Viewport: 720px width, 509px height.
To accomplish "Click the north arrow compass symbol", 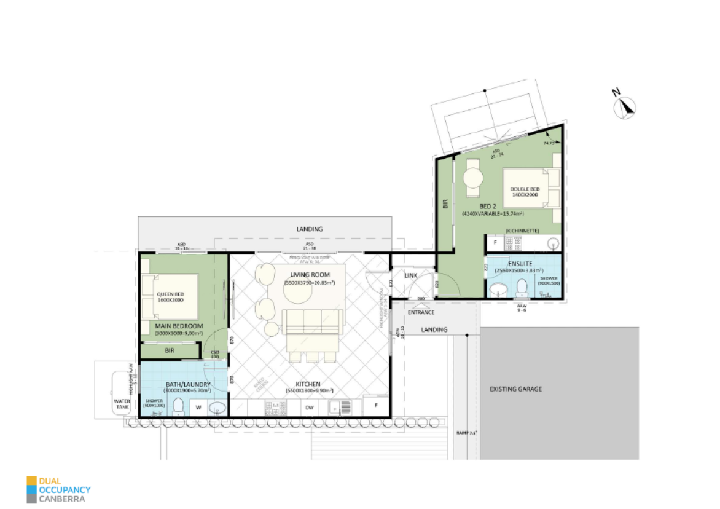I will point(625,107).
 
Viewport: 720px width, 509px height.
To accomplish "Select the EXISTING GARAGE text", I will point(515,389).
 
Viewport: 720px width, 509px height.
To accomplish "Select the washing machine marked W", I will point(198,407).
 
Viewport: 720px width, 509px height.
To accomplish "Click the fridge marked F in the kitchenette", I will point(495,243).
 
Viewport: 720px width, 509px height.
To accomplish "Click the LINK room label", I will point(411,275).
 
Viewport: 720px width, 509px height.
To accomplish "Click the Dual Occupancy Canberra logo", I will point(58,489).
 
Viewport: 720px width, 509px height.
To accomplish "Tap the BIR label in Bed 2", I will point(445,204).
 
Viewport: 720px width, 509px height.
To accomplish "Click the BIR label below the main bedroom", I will point(170,350).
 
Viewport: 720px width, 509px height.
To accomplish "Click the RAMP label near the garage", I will point(467,433).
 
